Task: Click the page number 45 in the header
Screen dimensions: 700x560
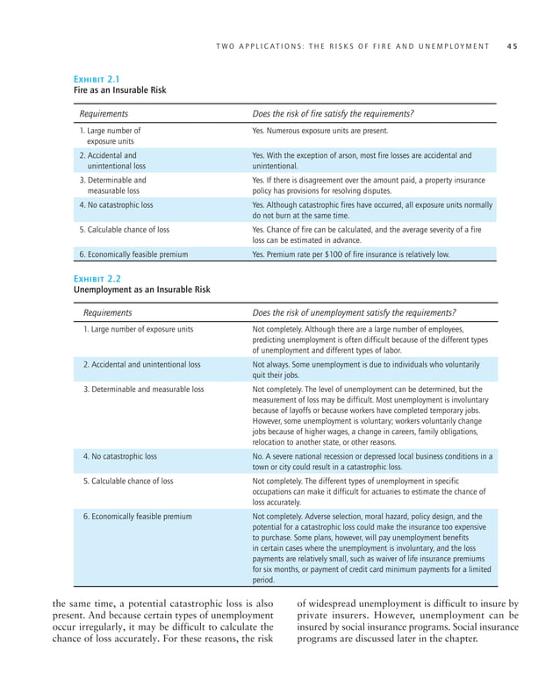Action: click(511, 46)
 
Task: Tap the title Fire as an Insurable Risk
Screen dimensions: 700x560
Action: click(119, 90)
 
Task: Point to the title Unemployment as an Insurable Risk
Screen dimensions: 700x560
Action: click(140, 289)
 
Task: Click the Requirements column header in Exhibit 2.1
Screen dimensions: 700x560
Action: click(104, 114)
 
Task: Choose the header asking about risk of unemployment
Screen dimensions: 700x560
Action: click(354, 312)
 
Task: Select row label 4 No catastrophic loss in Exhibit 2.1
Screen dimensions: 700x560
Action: click(117, 205)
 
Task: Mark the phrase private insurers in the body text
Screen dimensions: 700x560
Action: click(333, 615)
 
